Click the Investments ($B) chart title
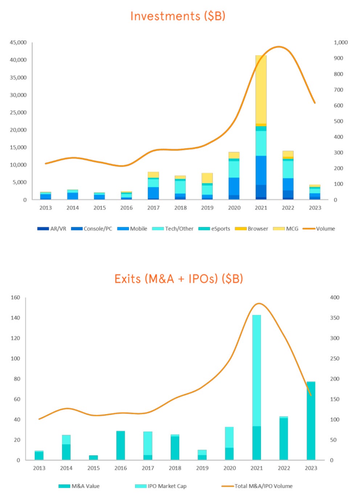(178, 16)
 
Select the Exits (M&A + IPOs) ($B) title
(179, 279)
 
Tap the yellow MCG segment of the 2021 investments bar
(261, 89)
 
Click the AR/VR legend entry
(52, 229)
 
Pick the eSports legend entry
(214, 229)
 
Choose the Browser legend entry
(251, 229)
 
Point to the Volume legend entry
(319, 229)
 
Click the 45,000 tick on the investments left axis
(18, 42)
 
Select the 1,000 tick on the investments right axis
(341, 42)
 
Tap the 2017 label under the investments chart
(153, 208)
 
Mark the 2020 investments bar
(234, 176)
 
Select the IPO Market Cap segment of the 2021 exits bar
(257, 370)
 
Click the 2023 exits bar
(311, 421)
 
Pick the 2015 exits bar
(93, 458)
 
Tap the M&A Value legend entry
(79, 486)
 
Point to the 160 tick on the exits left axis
(15, 298)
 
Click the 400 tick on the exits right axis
(335, 298)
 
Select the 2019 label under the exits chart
(202, 468)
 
